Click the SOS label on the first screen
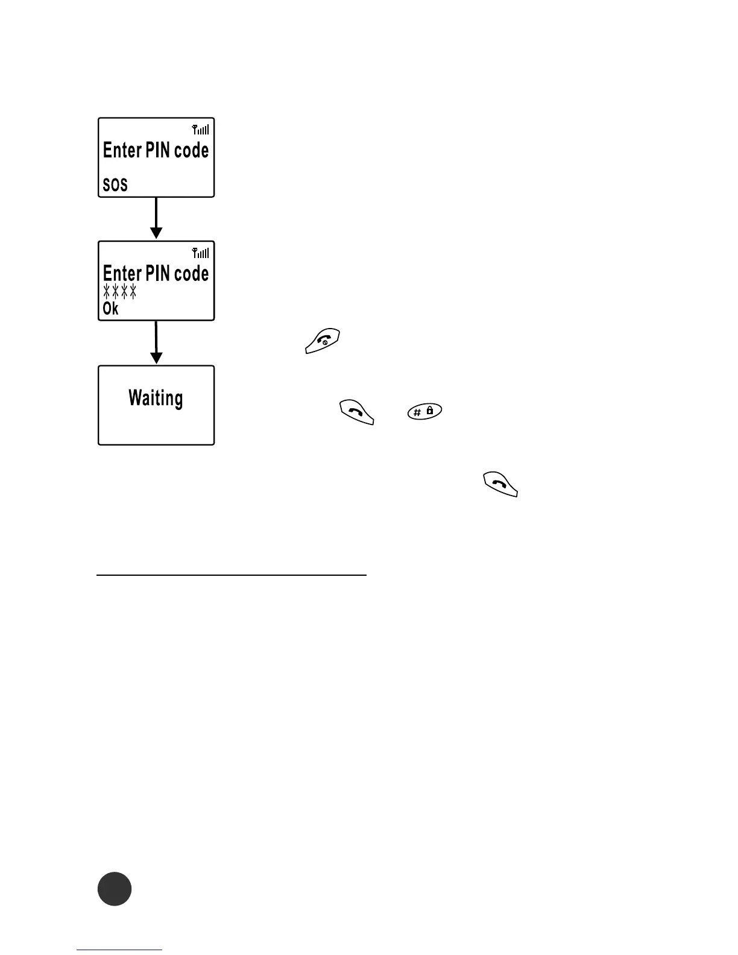[x=115, y=184]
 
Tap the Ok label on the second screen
[x=110, y=309]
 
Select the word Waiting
[x=156, y=399]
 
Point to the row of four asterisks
[x=120, y=292]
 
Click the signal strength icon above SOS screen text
[x=201, y=129]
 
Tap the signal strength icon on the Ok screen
[x=201, y=253]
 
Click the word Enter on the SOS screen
[x=122, y=150]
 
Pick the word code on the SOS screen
[x=192, y=150]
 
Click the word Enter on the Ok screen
[x=122, y=274]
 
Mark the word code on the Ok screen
[x=192, y=274]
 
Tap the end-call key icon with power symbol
[x=323, y=341]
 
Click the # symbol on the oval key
[x=417, y=413]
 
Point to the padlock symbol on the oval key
[x=430, y=410]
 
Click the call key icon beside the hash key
[x=357, y=412]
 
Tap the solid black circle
[x=115, y=889]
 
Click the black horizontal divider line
[x=232, y=575]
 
